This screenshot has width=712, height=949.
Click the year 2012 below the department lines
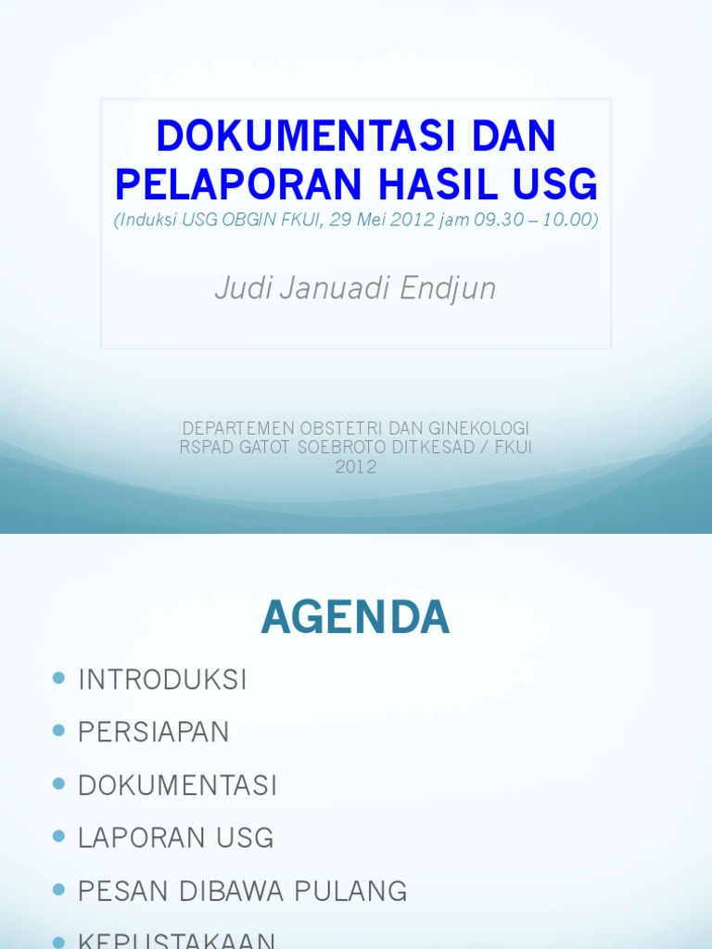click(x=356, y=467)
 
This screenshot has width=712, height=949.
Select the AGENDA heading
click(x=355, y=617)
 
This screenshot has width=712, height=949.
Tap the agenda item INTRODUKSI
click(x=162, y=679)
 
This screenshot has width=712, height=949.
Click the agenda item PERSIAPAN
click(x=153, y=732)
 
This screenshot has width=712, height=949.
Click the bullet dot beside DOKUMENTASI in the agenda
click(x=60, y=784)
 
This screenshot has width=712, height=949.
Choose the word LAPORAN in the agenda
click(x=137, y=838)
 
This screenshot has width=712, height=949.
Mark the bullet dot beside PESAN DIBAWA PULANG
click(x=60, y=891)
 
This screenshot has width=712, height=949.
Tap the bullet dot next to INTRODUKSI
click(x=60, y=678)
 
